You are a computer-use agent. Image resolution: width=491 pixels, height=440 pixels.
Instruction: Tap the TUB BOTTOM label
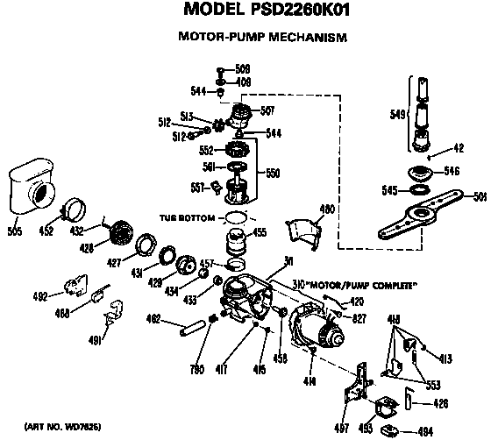point(189,216)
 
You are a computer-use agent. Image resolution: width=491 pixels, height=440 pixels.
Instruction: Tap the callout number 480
point(327,209)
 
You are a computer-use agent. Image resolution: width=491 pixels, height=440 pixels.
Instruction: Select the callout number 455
point(260,233)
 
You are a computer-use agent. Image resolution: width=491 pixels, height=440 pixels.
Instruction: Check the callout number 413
point(445,358)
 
